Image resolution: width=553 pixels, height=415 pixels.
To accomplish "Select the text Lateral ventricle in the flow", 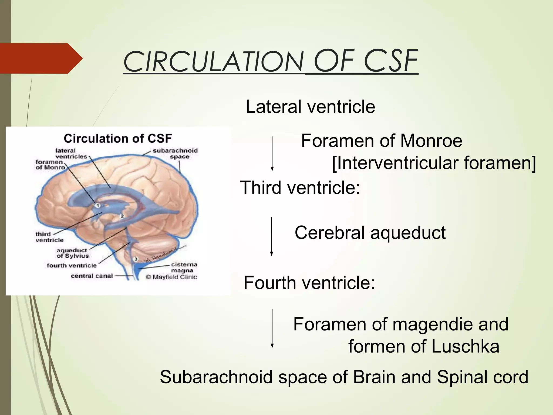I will pyautogui.click(x=310, y=107).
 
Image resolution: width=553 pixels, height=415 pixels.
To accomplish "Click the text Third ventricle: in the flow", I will pyautogui.click(x=300, y=188).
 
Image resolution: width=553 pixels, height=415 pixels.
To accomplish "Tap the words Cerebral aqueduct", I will pyautogui.click(x=370, y=233).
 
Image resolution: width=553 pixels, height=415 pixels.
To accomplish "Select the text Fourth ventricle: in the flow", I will pyautogui.click(x=309, y=283).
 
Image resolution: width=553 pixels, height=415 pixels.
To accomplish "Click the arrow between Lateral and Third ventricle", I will pyautogui.click(x=272, y=154).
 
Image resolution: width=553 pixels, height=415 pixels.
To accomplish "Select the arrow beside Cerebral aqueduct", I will pyautogui.click(x=272, y=236).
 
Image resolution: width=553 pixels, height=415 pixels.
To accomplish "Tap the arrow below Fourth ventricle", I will pyautogui.click(x=272, y=328).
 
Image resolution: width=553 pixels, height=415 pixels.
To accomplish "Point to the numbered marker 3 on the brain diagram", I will pyautogui.click(x=136, y=259).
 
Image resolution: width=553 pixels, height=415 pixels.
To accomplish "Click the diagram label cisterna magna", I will pyautogui.click(x=184, y=267).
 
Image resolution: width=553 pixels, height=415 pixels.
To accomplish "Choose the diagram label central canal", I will pyautogui.click(x=92, y=276).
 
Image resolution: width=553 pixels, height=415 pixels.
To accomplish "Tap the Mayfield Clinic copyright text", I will pyautogui.click(x=171, y=277).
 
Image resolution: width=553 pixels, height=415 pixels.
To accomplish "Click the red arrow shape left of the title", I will pyautogui.click(x=41, y=58).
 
